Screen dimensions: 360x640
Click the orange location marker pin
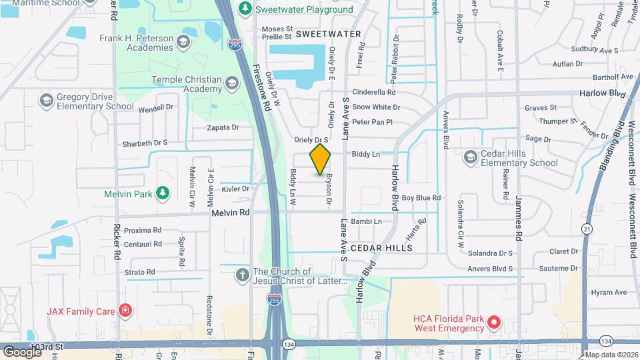coord(321,158)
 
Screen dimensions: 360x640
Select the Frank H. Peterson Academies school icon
coord(184,43)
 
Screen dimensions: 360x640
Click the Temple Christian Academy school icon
coord(231,83)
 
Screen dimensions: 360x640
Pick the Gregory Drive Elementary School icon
coord(46,101)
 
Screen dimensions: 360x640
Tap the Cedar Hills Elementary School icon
coord(470,157)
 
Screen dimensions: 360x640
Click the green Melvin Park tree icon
coord(162,193)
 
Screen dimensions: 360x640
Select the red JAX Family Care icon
coord(124,310)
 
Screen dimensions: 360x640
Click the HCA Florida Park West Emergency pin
coord(494,323)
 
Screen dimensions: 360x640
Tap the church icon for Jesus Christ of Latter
coord(243,275)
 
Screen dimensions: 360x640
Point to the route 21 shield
coord(587,229)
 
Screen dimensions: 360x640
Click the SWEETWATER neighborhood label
coord(328,33)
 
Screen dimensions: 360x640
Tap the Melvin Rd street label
coord(231,213)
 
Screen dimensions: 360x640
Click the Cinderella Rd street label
coord(374,93)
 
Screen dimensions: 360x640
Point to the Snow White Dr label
coord(376,107)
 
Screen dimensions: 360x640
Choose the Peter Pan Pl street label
coord(373,122)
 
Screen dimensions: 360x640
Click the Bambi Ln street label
coord(367,221)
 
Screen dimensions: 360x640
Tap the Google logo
coord(23,351)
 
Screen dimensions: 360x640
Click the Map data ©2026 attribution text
coord(609,354)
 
